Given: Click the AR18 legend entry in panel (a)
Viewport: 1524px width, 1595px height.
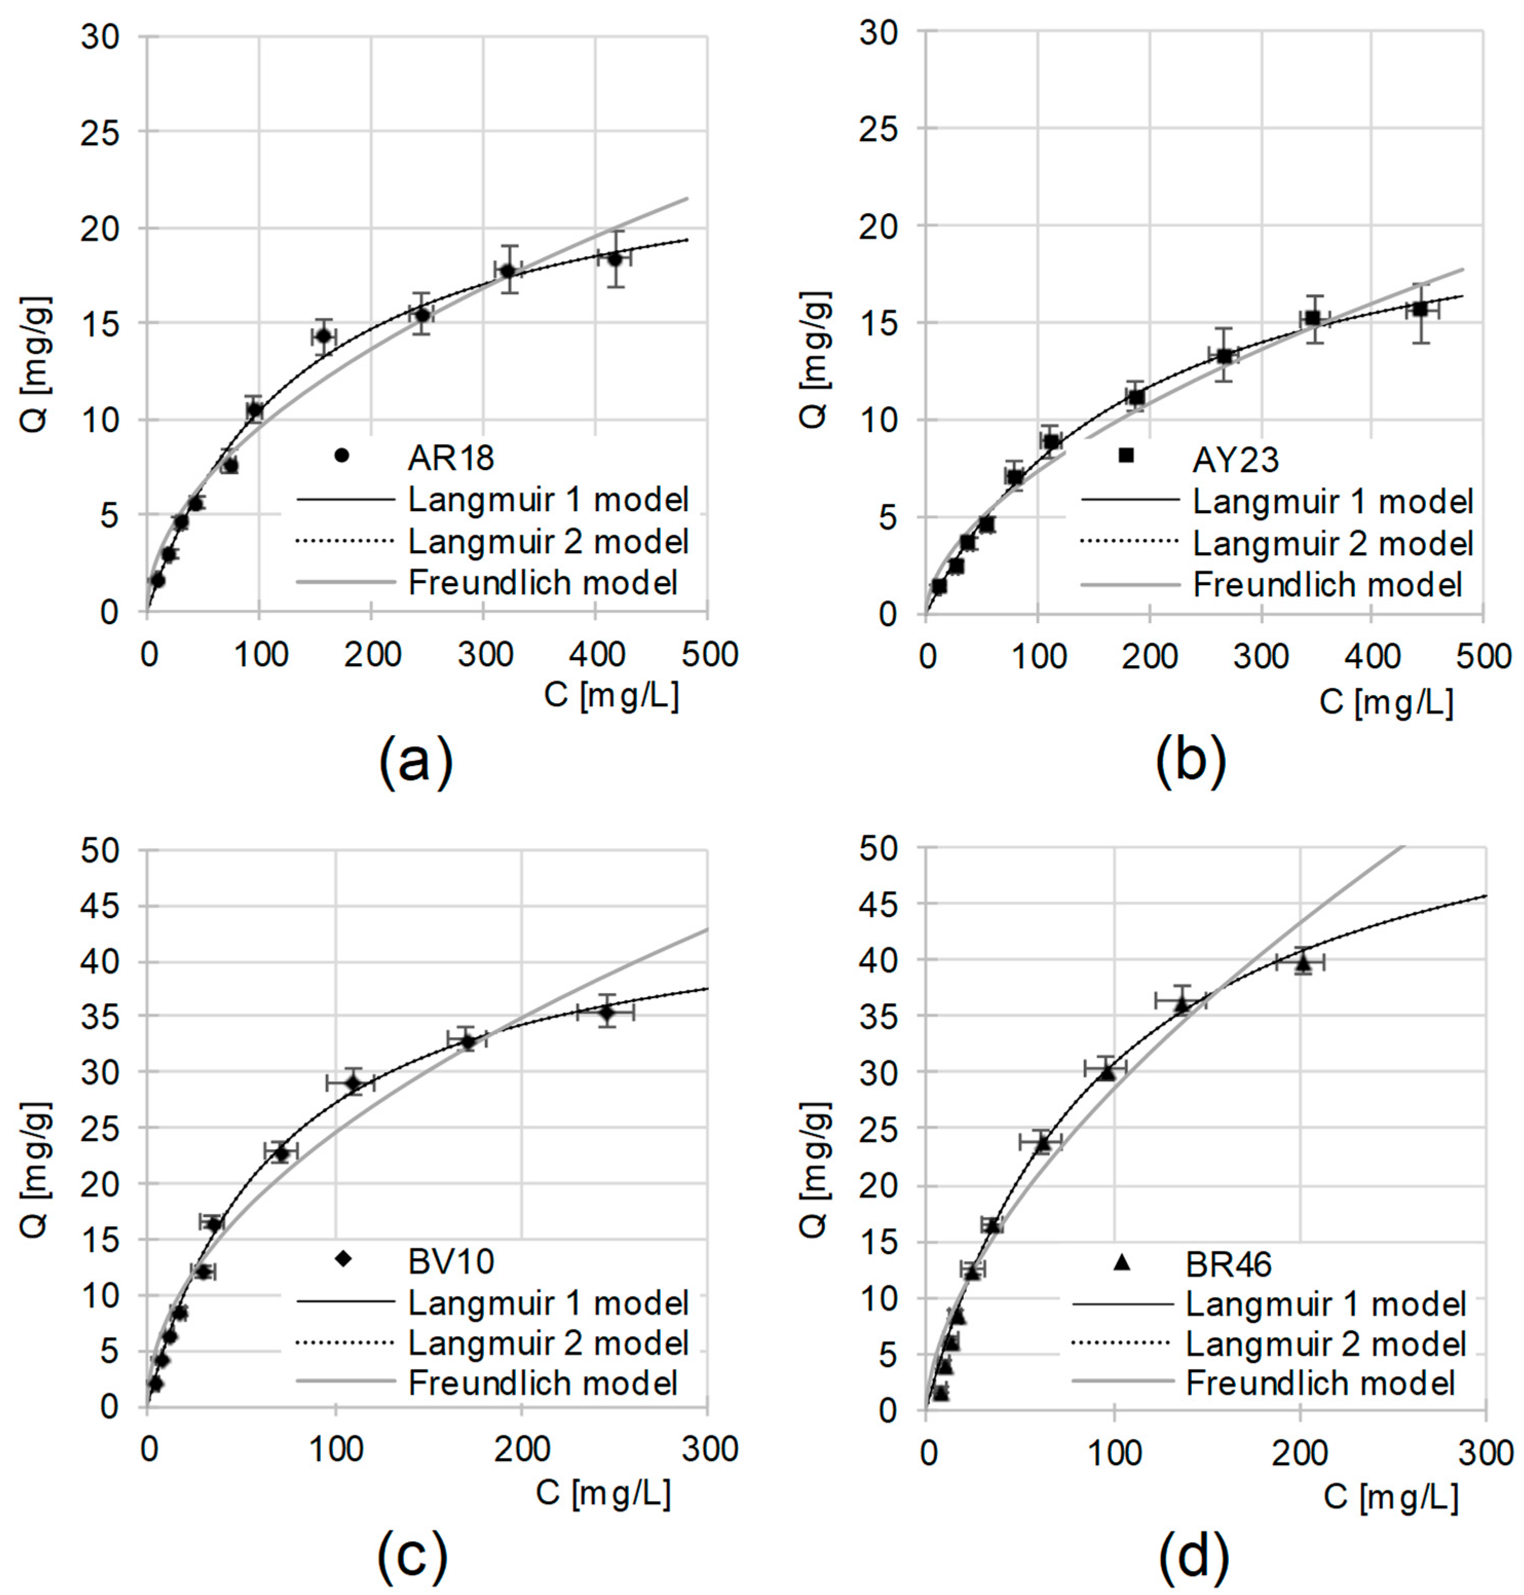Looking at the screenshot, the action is click(451, 458).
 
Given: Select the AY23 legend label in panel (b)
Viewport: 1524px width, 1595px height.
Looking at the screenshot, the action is click(1235, 460).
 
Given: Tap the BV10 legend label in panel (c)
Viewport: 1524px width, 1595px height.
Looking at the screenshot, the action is click(451, 1261).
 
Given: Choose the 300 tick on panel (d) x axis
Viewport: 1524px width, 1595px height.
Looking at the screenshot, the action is click(1484, 1453).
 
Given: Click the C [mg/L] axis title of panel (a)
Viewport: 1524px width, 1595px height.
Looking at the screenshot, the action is click(611, 696).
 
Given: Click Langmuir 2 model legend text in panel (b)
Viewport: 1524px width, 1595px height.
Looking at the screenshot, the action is click(1333, 543).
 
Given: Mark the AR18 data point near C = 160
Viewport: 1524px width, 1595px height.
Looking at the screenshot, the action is click(323, 335).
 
